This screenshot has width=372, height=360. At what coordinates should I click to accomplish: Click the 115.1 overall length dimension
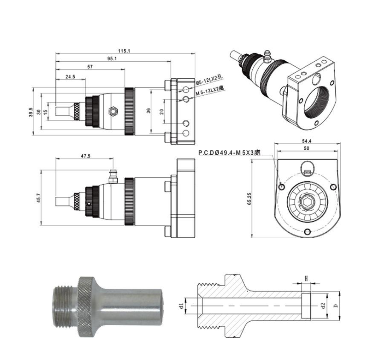[x=124, y=51]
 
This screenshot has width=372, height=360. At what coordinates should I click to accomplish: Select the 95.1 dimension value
[x=112, y=58]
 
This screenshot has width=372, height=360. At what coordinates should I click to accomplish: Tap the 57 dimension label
[x=90, y=67]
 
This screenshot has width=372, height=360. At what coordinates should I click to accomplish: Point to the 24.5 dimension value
[x=70, y=76]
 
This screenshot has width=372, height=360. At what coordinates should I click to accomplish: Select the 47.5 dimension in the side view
[x=86, y=156]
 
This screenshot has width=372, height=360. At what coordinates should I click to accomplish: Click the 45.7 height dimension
[x=39, y=198]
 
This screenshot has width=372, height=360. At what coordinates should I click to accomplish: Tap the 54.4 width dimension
[x=307, y=141]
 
